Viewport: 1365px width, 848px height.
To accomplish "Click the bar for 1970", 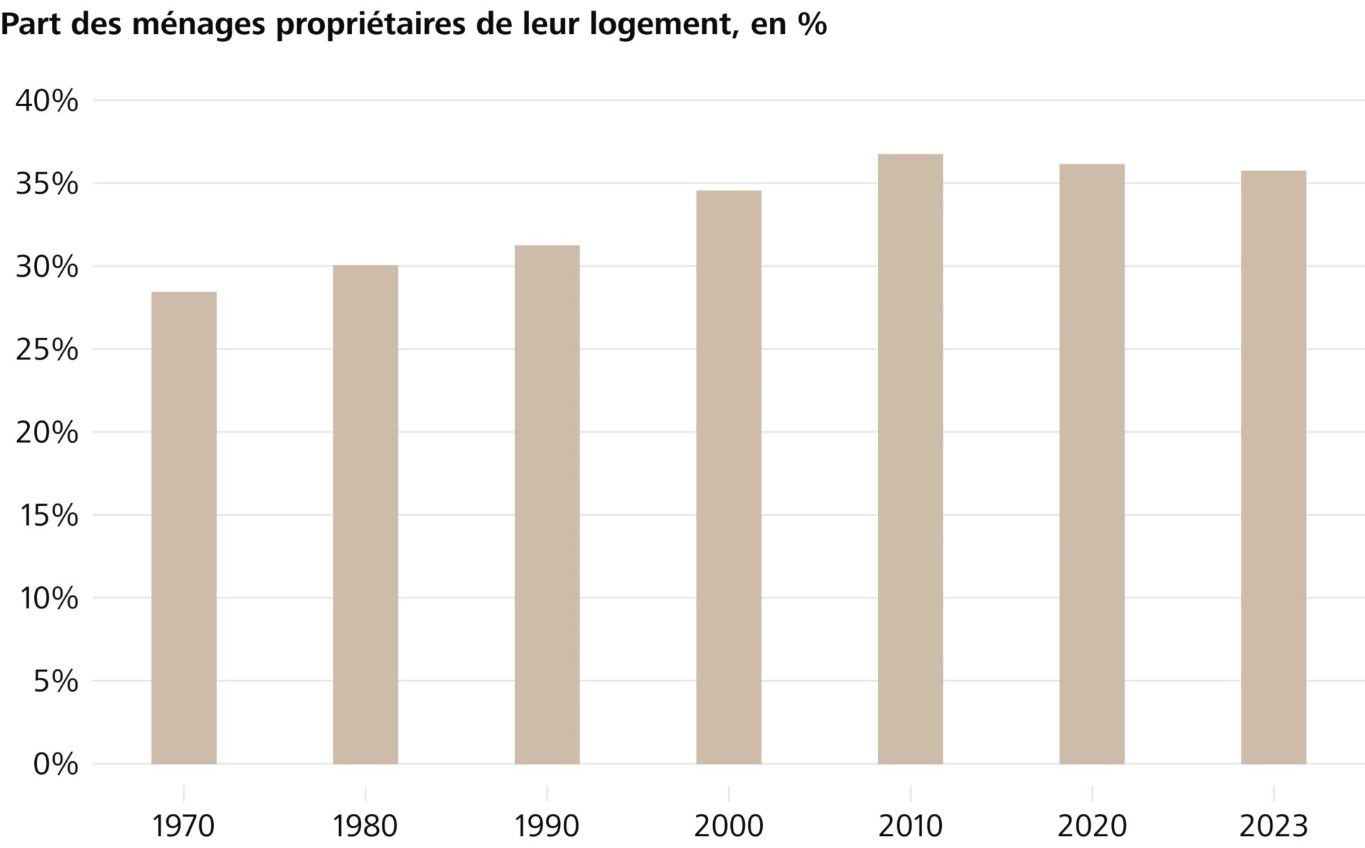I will (x=183, y=528).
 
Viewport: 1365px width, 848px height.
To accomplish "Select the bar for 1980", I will (x=365, y=514).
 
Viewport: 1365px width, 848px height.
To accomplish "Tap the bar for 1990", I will (x=547, y=504).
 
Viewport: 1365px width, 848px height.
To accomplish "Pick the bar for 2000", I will (x=729, y=477).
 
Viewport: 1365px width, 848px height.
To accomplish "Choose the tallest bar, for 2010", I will (x=910, y=459).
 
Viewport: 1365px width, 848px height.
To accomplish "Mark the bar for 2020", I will (x=1092, y=464).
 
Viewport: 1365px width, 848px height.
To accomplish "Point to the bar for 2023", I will (x=1273, y=467).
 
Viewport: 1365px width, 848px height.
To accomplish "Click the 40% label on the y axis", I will (x=47, y=101).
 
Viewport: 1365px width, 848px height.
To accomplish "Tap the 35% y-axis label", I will (x=47, y=184).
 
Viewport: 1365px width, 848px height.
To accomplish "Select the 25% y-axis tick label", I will (x=47, y=350).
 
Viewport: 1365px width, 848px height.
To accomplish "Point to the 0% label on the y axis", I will (x=55, y=765).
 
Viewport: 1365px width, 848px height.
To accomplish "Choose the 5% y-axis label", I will (x=55, y=682).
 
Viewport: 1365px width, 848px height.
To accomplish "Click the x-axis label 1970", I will (x=183, y=826).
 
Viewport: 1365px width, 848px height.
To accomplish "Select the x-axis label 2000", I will (x=729, y=826).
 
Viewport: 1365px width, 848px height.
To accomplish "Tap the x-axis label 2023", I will (x=1273, y=826).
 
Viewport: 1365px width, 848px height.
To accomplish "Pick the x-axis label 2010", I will (x=910, y=826).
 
